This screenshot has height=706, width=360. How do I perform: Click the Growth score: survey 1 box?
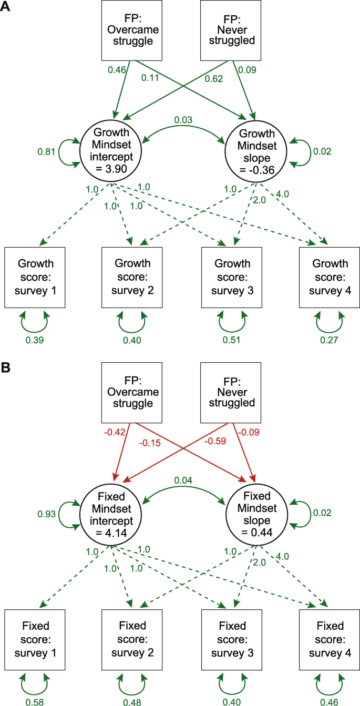35,277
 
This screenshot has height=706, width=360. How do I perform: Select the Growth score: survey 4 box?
330,277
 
